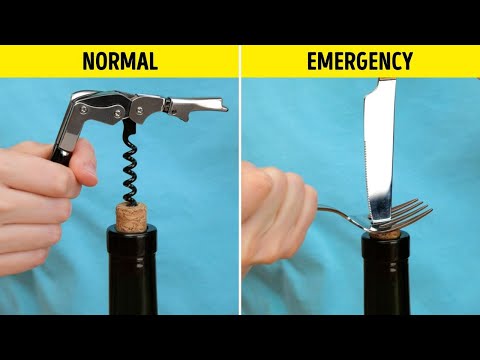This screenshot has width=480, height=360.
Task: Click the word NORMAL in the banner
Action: pos(119,61)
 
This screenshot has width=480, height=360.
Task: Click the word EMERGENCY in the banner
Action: pos(360,61)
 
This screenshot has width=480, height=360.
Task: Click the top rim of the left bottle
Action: pos(131,232)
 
